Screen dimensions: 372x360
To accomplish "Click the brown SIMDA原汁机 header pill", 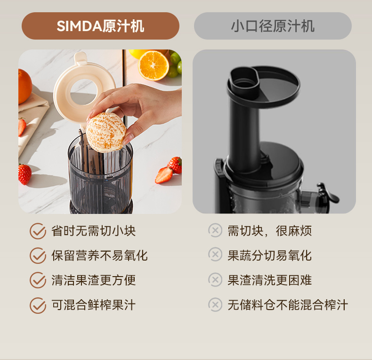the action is click(100, 26).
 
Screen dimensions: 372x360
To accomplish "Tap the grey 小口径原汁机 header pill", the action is click(273, 26).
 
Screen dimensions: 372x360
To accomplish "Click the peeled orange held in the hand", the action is click(106, 132).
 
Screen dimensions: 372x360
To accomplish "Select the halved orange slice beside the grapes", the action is click(154, 65).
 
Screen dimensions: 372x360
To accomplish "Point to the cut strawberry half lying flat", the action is click(164, 175).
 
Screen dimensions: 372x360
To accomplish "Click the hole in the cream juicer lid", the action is click(83, 92).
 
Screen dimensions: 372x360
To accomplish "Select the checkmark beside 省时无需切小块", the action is click(38, 231).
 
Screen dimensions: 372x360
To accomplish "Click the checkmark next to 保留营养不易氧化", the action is click(38, 255).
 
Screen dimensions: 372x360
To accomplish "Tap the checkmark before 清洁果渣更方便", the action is click(38, 280).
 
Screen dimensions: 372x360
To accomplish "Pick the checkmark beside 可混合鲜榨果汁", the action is click(38, 305).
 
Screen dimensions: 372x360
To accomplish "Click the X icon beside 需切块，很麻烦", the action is click(215, 230).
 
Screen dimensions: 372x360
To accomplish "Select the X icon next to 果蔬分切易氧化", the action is click(215, 254).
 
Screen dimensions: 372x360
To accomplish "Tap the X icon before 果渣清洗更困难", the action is click(215, 280).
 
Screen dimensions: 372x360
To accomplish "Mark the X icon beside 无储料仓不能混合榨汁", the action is click(215, 305).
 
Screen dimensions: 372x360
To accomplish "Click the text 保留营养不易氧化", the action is click(100, 255).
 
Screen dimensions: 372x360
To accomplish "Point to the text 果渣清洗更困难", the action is click(270, 280).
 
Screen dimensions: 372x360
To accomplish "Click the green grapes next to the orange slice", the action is click(175, 64).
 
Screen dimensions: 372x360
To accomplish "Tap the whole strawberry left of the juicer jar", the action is click(24, 174).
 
